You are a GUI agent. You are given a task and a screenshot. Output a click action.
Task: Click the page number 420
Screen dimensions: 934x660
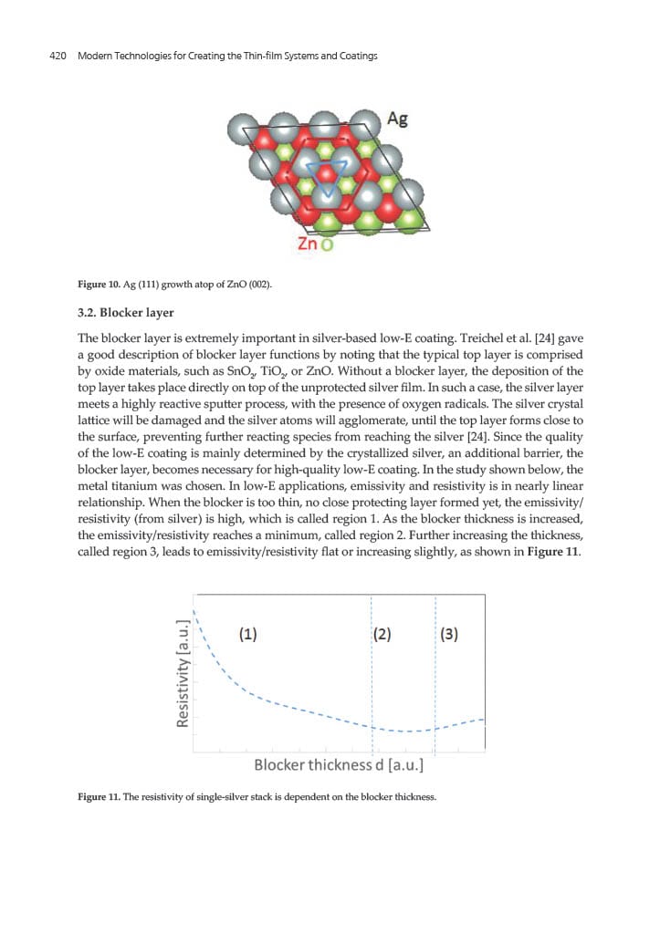(x=59, y=57)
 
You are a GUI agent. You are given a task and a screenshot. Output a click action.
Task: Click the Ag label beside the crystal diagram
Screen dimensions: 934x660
(x=398, y=119)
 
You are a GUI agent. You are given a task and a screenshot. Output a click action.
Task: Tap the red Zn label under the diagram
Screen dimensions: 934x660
(x=308, y=244)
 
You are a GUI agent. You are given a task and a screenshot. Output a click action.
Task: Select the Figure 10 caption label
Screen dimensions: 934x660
(x=99, y=283)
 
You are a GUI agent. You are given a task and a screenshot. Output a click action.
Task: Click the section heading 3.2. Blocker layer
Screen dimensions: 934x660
(x=125, y=313)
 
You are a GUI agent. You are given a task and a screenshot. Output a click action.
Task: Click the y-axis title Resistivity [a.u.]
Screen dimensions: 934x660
(x=183, y=672)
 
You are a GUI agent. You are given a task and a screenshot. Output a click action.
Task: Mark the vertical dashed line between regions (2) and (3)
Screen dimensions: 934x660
(x=435, y=675)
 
